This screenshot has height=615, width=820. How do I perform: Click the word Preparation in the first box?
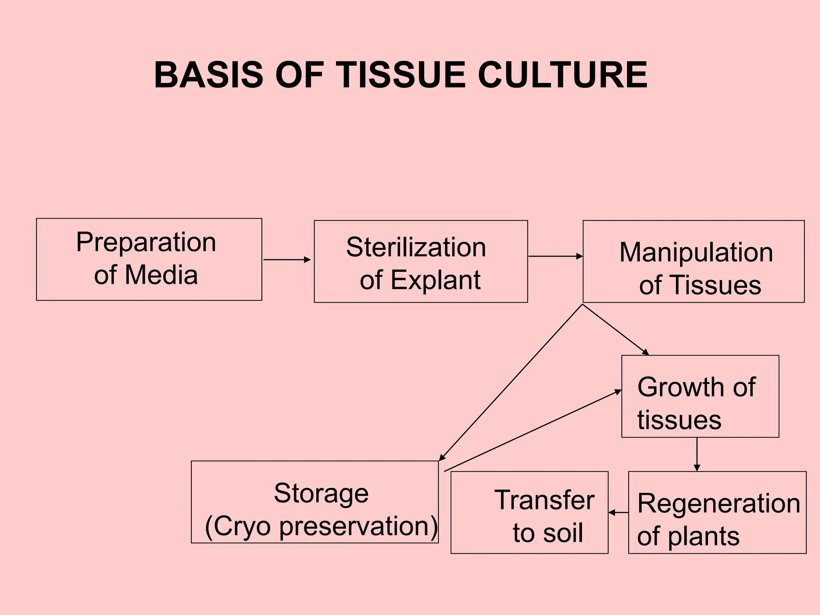point(146,243)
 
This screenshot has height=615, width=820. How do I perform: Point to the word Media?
point(161,275)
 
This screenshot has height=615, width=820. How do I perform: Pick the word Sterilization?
point(416,247)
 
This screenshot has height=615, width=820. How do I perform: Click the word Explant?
point(435,280)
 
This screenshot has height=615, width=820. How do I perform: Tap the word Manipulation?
point(696,253)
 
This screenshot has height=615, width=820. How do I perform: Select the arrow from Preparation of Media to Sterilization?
point(287,260)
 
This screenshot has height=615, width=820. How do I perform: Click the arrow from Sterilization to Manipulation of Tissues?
point(555,256)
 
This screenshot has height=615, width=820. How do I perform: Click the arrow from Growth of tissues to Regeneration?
point(697,454)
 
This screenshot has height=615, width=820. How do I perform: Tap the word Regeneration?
point(719,503)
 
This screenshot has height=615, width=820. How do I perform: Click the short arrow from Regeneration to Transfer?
point(618,512)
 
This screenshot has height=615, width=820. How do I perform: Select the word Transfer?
point(544,500)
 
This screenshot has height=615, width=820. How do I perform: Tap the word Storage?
point(321,493)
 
